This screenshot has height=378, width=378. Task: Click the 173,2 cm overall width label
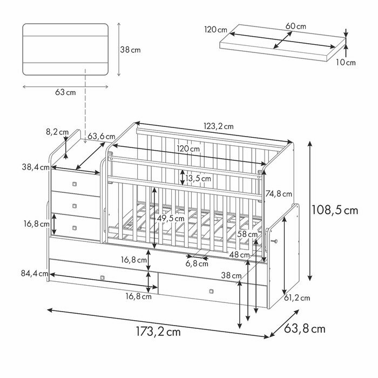(x=158, y=332)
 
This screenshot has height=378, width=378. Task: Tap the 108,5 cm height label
(x=335, y=210)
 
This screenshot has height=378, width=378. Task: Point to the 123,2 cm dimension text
(x=218, y=126)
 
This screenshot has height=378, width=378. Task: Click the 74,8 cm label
(x=279, y=194)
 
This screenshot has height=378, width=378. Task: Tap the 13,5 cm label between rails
(x=198, y=178)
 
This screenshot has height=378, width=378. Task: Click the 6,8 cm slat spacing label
(x=197, y=264)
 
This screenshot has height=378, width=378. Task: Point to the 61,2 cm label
(x=297, y=298)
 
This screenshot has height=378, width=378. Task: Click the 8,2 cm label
(x=57, y=131)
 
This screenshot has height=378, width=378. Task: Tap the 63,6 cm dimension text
(x=101, y=136)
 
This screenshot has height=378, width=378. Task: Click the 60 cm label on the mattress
(x=295, y=26)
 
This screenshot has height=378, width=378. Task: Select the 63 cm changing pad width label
(x=65, y=92)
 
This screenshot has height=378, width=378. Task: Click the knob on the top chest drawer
(x=75, y=184)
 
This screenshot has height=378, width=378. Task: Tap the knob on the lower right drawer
(x=211, y=292)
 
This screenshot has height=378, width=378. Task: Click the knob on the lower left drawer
(x=103, y=278)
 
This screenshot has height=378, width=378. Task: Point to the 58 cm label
(x=248, y=234)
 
